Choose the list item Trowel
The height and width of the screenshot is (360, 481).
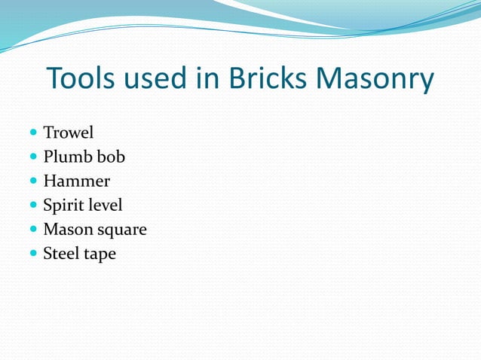click(68, 133)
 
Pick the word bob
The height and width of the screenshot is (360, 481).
click(110, 157)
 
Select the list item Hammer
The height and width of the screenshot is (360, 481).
click(76, 182)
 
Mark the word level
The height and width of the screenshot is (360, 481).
click(106, 206)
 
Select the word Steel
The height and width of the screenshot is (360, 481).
click(63, 254)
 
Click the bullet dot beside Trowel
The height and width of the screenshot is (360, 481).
click(33, 133)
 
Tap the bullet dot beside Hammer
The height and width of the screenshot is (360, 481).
click(33, 182)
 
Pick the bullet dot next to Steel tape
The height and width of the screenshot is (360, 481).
click(33, 254)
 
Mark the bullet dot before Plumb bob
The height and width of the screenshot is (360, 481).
click(33, 157)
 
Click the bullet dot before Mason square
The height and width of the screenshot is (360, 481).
click(33, 230)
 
